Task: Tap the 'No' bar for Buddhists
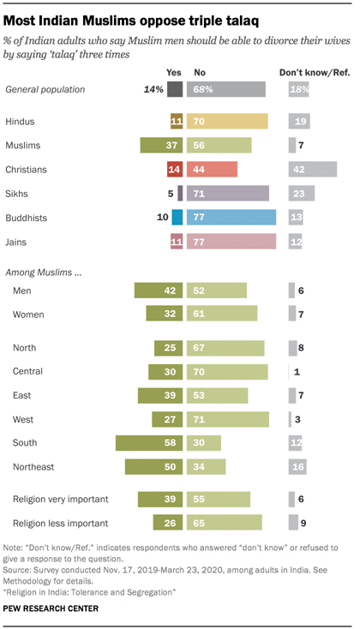(x=231, y=217)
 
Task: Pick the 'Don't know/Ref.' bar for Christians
(x=312, y=169)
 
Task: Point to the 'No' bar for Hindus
(x=228, y=122)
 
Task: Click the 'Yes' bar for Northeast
(x=154, y=466)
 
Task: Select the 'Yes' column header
(x=175, y=73)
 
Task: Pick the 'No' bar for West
(x=229, y=419)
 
